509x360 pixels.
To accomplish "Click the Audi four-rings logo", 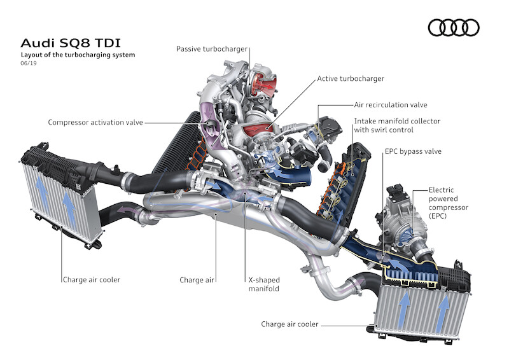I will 454,27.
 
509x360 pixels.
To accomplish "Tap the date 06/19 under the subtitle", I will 28,65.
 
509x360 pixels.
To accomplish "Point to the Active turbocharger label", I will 351,79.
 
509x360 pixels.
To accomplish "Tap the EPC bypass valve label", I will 412,152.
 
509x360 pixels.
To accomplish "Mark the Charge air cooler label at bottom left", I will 92,279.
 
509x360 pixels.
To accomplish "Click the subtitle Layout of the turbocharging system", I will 78,55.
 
